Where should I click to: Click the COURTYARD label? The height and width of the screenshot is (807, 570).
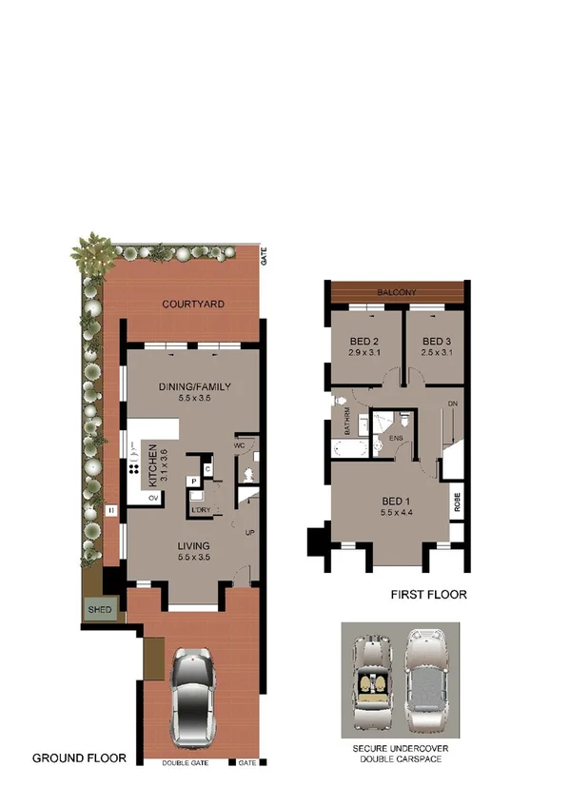click(192, 305)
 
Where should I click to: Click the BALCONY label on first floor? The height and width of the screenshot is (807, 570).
click(397, 292)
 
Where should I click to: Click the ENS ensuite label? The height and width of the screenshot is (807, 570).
click(393, 438)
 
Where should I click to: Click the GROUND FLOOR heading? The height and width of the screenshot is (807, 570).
click(79, 758)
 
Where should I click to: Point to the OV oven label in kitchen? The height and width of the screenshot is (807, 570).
click(153, 496)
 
